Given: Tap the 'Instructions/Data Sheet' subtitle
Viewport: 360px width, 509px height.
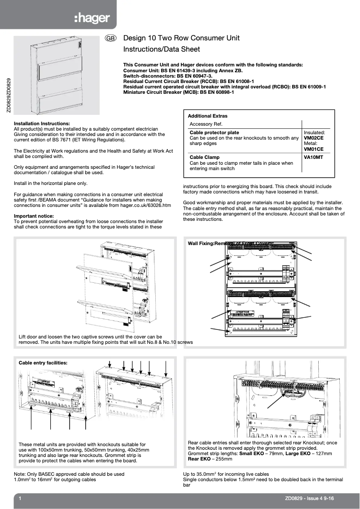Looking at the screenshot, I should click(x=162, y=49).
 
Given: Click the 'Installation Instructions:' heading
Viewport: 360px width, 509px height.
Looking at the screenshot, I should click(x=42, y=123).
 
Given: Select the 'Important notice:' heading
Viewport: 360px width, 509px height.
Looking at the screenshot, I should click(x=34, y=216).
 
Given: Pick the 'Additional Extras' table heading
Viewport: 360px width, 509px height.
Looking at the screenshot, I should click(x=207, y=116).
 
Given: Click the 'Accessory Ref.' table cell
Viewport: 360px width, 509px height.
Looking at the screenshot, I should click(x=206, y=124).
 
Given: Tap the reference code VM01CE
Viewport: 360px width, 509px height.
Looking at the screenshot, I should click(x=313, y=149).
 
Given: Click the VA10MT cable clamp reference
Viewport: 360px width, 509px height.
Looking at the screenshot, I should click(x=313, y=158).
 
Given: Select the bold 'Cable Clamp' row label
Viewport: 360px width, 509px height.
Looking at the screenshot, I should click(x=205, y=158).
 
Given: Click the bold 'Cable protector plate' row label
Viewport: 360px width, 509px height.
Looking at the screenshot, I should click(x=214, y=133).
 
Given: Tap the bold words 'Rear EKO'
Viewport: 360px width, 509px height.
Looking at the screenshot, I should click(x=199, y=459).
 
